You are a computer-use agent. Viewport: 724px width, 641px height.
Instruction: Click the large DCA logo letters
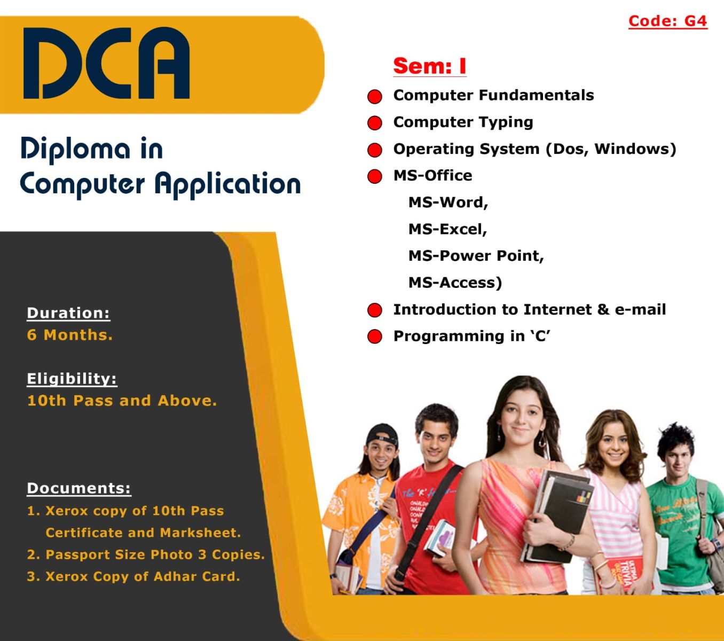[x=106, y=63]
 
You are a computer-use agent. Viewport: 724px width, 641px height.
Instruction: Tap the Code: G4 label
[x=667, y=21]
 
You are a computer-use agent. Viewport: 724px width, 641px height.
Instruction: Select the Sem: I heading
[x=429, y=66]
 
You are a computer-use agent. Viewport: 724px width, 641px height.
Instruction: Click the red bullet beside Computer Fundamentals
[x=374, y=97]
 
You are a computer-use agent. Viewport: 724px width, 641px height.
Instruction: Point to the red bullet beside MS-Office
[x=374, y=176]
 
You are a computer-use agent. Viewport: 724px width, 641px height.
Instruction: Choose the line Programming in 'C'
[x=471, y=337]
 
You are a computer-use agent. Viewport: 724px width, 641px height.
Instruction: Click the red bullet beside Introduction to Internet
[x=374, y=310]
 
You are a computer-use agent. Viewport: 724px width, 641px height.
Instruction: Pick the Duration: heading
[x=68, y=313]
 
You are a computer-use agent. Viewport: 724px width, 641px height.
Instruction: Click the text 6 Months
[x=70, y=335]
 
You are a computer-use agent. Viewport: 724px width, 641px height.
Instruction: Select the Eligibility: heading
[x=72, y=379]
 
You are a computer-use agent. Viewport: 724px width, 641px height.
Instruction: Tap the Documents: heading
[x=79, y=488]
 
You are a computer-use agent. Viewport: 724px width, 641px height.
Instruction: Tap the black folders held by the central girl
[x=557, y=515]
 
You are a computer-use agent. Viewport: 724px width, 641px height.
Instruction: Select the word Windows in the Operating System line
[x=632, y=148]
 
